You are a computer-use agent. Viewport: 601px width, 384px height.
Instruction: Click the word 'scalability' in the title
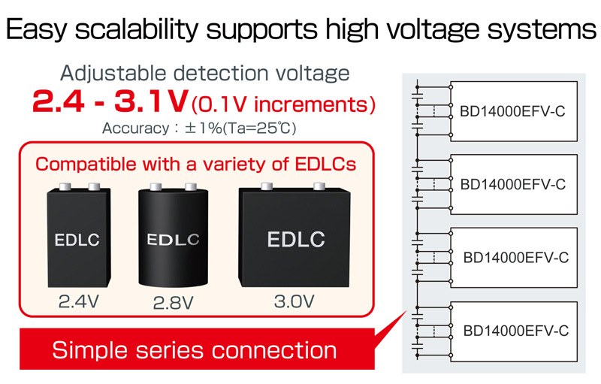tap(137, 30)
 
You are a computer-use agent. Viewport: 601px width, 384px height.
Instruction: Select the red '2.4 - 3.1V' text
tap(110, 101)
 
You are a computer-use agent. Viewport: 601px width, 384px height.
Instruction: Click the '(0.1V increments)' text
tap(284, 104)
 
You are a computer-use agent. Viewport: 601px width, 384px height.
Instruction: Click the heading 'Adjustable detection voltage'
tap(205, 73)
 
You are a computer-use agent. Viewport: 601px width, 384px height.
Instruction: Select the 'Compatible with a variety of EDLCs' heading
tap(195, 165)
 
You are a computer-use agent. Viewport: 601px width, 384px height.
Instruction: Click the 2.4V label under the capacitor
tap(79, 301)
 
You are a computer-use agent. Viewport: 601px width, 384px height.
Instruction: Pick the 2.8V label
tap(173, 303)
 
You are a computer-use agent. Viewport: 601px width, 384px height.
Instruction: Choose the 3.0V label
tap(294, 301)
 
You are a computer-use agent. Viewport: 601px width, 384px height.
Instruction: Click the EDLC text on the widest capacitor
tap(296, 239)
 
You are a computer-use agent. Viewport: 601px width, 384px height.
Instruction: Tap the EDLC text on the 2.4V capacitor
tap(77, 240)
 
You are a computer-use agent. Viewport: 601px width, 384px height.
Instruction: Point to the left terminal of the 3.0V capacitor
tap(267, 186)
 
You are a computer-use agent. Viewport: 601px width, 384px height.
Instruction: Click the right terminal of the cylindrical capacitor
tap(191, 186)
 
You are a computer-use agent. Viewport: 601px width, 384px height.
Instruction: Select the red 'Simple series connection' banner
tap(197, 349)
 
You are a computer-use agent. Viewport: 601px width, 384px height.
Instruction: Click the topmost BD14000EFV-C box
tap(514, 111)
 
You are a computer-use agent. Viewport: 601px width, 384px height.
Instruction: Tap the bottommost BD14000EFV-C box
tap(514, 331)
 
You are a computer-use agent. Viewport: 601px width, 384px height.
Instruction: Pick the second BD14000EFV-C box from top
tap(514, 184)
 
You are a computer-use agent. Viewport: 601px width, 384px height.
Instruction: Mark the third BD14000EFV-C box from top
tap(514, 258)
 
